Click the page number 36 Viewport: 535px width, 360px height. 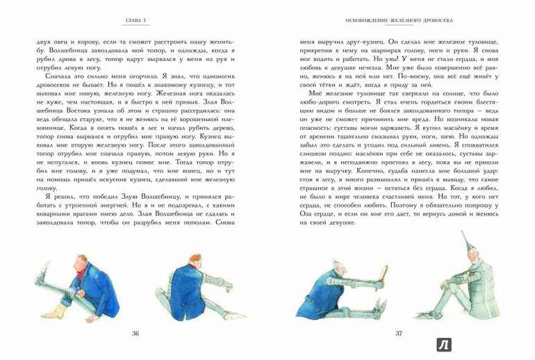135,334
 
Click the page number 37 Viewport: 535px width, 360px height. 399,334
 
